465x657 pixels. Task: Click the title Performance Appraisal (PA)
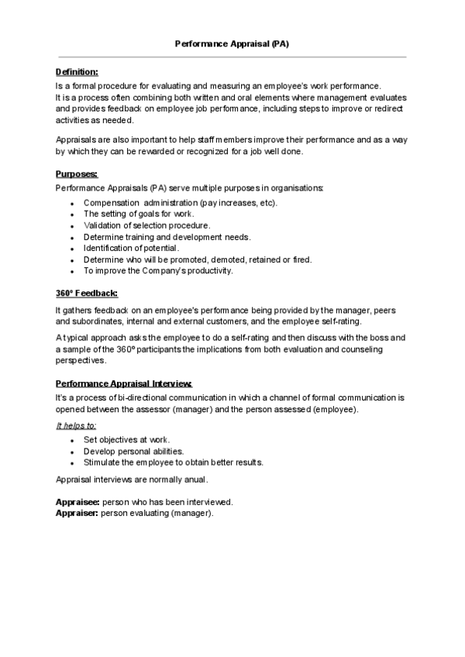[x=232, y=44]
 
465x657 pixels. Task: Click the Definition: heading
[x=77, y=71]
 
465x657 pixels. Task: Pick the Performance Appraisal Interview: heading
[x=123, y=384]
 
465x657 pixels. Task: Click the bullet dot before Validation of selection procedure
[x=71, y=226]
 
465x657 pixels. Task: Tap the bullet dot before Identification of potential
[x=71, y=249]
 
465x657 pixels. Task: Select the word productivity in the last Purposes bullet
[x=207, y=271]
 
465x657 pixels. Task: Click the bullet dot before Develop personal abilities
[x=71, y=452]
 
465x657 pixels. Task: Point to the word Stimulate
[x=103, y=463]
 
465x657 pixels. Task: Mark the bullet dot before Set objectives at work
[x=71, y=440]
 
